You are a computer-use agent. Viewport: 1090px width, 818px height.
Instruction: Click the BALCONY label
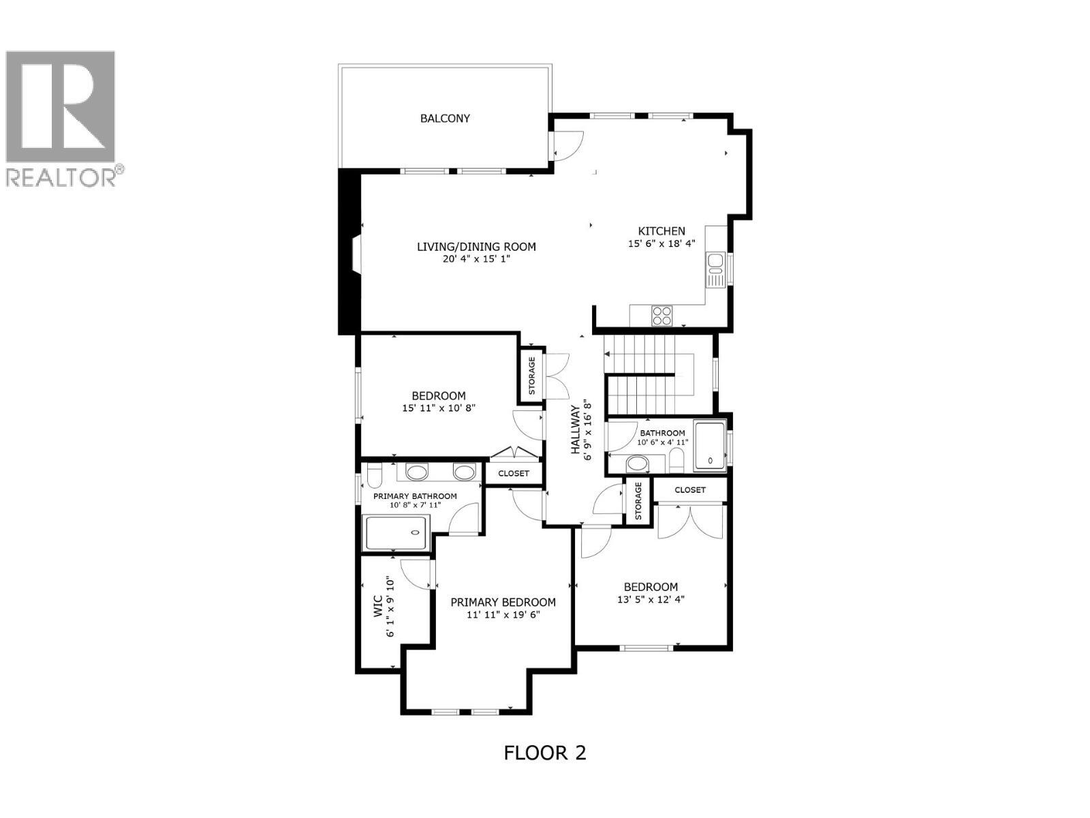coord(445,119)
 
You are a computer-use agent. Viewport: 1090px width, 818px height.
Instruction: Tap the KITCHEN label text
coord(661,231)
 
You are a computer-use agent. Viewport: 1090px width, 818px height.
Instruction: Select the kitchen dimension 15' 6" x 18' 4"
coord(661,243)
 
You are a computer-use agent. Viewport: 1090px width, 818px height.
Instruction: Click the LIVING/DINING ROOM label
coord(476,247)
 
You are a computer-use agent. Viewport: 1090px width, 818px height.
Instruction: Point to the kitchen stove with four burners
coord(661,316)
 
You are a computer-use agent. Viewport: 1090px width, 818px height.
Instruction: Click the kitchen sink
coord(715,269)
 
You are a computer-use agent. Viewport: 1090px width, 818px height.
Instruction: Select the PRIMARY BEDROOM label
coord(503,602)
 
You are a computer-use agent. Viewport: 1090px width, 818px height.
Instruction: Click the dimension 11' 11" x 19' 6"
coord(503,615)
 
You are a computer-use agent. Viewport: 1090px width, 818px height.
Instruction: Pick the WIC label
coord(379,608)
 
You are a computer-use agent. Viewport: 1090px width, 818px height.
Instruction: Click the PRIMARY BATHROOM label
coord(415,496)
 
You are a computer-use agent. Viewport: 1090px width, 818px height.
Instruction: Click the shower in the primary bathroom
coord(396,533)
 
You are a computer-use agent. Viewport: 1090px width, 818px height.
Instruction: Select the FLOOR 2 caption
coord(545,753)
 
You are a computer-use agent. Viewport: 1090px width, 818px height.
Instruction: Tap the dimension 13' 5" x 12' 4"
coord(651,600)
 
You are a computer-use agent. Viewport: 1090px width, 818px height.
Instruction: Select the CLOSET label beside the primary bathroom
coord(514,473)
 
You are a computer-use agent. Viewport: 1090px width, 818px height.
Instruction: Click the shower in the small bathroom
coord(710,446)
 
